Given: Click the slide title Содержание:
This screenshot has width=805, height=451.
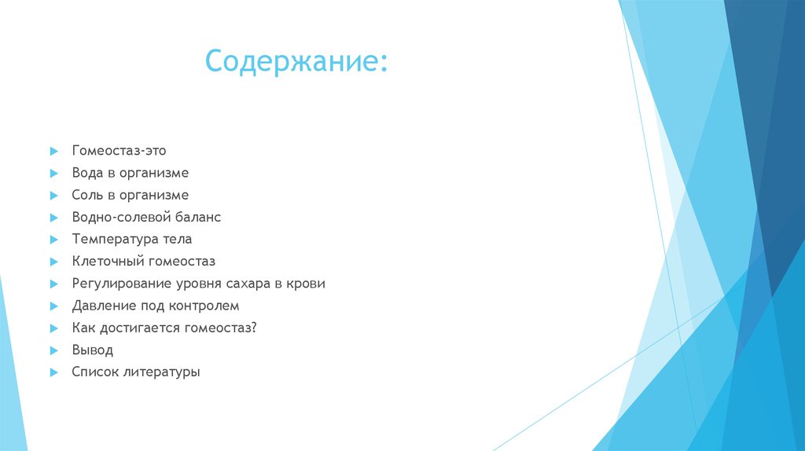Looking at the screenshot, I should pos(296,61).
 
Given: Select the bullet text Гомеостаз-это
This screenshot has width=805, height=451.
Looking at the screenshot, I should pos(119,150).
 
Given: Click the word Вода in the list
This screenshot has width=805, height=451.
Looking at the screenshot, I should pos(87,172).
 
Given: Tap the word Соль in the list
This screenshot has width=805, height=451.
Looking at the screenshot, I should pos(87,195).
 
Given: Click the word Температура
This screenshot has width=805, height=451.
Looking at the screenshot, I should pos(116,239).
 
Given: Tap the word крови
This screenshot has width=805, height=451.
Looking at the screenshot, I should pos(307,284).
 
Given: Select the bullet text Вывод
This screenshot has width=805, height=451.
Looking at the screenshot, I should pos(92,350).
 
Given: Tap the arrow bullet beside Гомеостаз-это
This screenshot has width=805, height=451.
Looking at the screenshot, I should pos(53,150).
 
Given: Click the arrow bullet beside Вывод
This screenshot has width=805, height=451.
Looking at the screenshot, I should pos(53,350).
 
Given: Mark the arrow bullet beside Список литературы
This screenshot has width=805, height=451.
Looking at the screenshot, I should pos(53,372).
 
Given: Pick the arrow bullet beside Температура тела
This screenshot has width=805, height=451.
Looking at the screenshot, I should pos(53,239).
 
